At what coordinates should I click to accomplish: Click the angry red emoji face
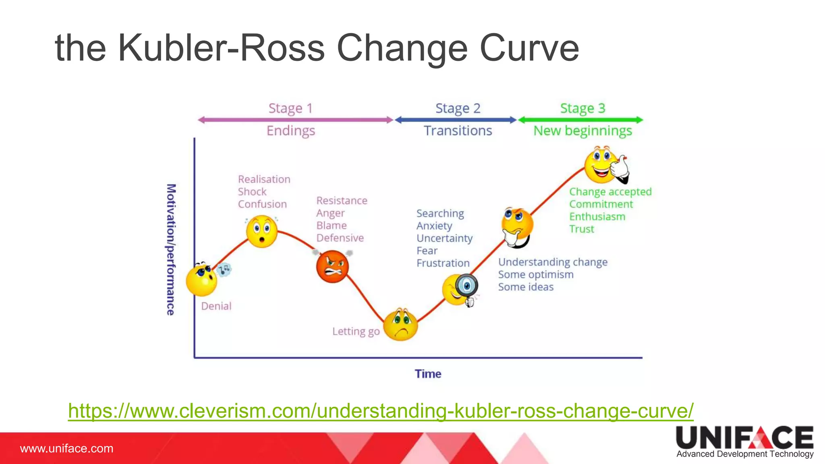coord(332,267)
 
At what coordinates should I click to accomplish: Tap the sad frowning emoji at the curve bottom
coord(400,325)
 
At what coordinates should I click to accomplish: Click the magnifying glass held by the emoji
coord(466,286)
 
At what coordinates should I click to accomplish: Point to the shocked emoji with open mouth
coord(262,232)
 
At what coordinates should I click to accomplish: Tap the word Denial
coord(216,306)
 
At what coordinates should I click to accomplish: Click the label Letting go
coord(356,331)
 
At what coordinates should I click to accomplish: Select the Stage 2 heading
coord(458,108)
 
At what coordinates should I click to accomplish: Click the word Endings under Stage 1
coord(291,131)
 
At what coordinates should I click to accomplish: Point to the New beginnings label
coord(582,131)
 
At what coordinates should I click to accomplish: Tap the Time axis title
coord(428,374)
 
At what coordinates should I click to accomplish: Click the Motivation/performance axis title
coord(171,250)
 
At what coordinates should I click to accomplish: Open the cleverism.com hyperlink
coord(381,411)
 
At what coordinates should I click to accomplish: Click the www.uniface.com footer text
coord(67,448)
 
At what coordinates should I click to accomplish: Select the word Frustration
coord(443,263)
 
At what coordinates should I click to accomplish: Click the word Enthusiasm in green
coord(597,217)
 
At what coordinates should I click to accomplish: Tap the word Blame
coord(332,226)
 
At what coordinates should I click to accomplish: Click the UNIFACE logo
coord(744,441)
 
